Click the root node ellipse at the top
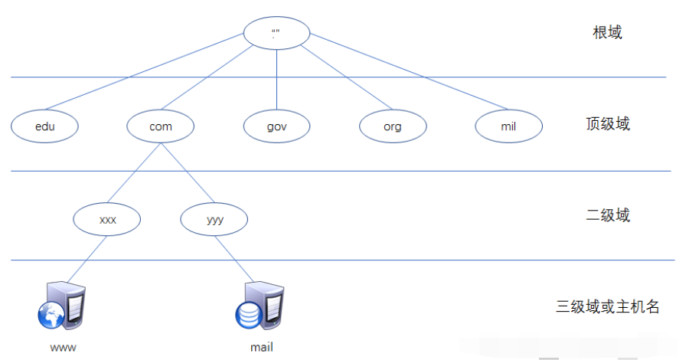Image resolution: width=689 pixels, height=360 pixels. (276, 33)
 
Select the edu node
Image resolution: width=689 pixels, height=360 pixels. (45, 126)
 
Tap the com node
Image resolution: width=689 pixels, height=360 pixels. (161, 126)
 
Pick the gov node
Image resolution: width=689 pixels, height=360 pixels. (276, 126)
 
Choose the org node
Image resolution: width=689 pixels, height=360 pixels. (393, 126)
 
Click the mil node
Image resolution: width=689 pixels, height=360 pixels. (508, 126)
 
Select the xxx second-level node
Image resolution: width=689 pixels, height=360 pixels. (107, 219)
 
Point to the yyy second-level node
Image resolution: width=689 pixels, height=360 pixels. (214, 219)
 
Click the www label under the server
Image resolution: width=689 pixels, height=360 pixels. (63, 347)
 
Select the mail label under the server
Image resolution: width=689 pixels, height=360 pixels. (262, 347)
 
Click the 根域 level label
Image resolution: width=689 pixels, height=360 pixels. (607, 33)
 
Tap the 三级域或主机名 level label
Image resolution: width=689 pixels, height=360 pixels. (608, 307)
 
